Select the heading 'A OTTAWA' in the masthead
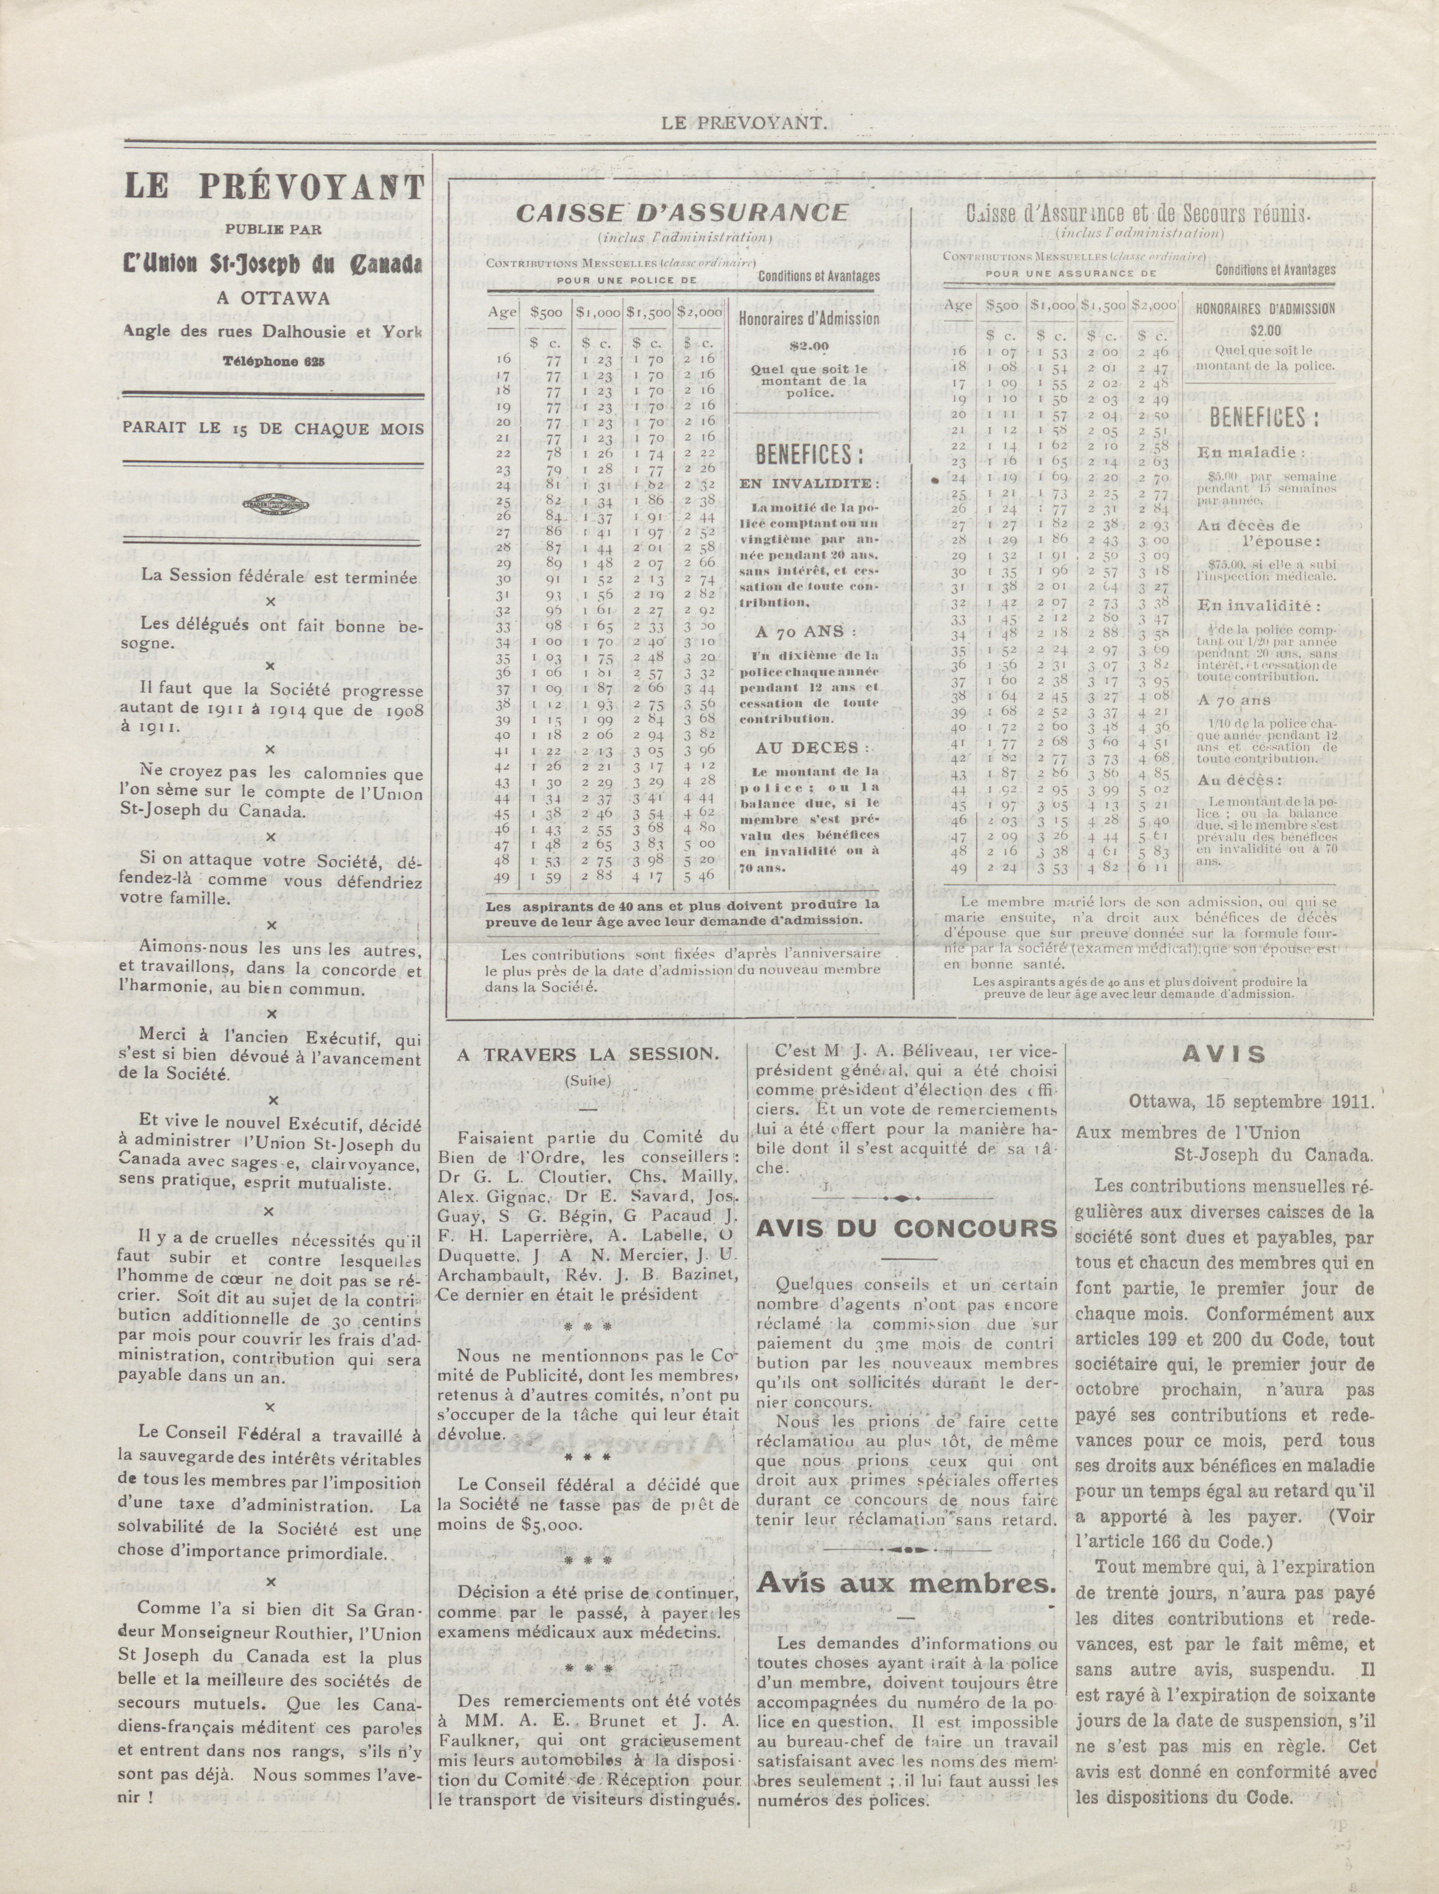pos(272,300)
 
